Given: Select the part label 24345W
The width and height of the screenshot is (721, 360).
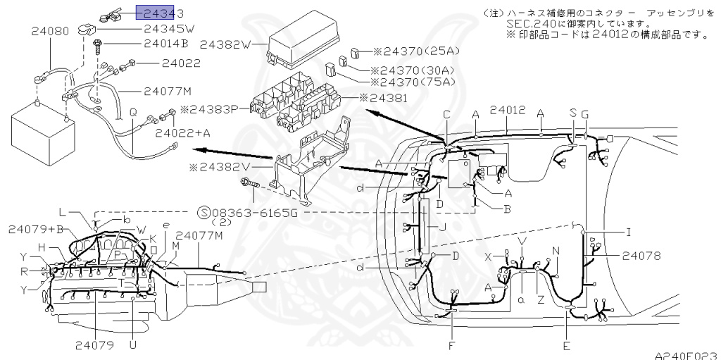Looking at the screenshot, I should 169,29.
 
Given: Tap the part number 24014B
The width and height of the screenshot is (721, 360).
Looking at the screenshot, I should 165,44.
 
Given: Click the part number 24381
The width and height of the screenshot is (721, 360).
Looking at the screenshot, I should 387,98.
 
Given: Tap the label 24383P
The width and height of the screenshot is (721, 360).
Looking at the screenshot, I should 210,109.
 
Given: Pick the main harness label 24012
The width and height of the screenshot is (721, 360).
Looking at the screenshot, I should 508,111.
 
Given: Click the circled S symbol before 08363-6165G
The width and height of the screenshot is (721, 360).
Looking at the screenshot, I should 204,213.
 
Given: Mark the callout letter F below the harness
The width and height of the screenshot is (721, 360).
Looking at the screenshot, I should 451,346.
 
